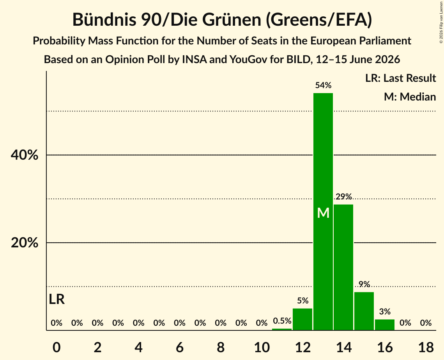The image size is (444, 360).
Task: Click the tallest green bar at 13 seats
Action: pyautogui.click(x=323, y=212)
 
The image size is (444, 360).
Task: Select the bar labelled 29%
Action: pyautogui.click(x=343, y=267)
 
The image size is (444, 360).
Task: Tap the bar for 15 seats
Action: pyautogui.click(x=364, y=311)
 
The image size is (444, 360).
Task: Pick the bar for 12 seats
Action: pyautogui.click(x=302, y=319)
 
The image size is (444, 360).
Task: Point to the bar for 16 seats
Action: pyautogui.click(x=384, y=325)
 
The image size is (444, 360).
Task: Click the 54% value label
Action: pyautogui.click(x=323, y=85)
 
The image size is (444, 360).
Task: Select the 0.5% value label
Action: pyautogui.click(x=282, y=321)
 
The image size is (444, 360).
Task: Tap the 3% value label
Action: pyautogui.click(x=385, y=312)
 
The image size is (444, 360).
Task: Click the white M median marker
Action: pyautogui.click(x=323, y=213)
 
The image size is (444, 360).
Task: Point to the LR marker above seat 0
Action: pyautogui.click(x=57, y=299)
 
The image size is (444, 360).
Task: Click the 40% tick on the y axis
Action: pyautogui.click(x=24, y=155)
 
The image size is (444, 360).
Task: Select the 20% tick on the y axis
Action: pyautogui.click(x=24, y=243)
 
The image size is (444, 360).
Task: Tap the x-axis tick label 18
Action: pyautogui.click(x=426, y=347)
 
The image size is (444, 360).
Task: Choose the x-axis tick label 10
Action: pyautogui.click(x=262, y=347)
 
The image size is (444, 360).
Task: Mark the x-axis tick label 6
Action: pyautogui.click(x=180, y=347)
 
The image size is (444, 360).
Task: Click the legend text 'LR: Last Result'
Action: pyautogui.click(x=401, y=78)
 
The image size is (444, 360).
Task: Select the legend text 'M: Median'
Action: pyautogui.click(x=410, y=97)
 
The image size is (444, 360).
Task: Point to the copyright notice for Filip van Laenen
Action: pyautogui.click(x=441, y=22)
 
